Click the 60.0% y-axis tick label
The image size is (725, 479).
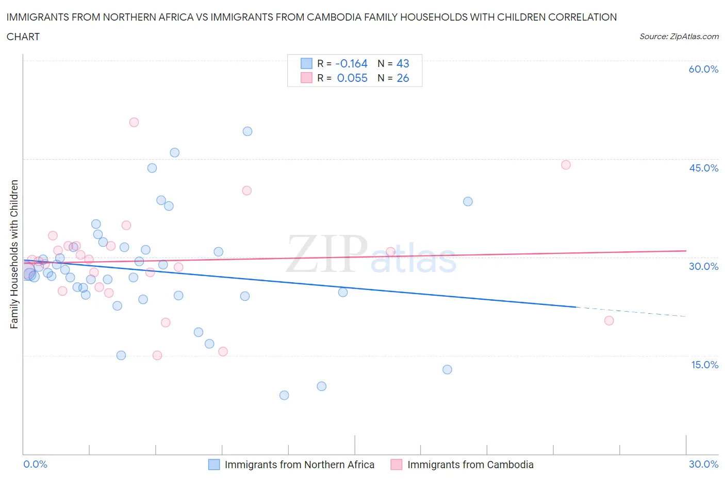pos(703,69)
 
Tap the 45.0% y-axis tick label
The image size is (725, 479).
pos(703,168)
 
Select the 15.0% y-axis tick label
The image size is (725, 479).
pos(704,365)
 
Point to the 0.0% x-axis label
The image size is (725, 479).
pos(35,464)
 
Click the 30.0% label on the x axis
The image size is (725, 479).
pos(703,464)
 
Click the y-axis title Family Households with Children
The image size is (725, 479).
pos(14,254)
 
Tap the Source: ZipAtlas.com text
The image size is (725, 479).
pos(679,37)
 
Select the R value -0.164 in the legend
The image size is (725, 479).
pos(351,63)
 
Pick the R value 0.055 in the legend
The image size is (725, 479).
pos(352,78)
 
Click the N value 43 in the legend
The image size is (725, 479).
pos(403,63)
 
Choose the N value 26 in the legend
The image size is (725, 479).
pos(403,78)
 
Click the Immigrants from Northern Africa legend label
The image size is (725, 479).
pos(299,465)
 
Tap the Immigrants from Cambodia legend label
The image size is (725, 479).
pos(470,465)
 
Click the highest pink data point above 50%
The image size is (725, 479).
pos(134,122)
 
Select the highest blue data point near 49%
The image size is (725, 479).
pos(248,131)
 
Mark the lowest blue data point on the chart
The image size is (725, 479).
pos(284,395)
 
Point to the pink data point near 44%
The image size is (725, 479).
pos(566,165)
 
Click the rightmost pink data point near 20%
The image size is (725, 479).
pos(609,320)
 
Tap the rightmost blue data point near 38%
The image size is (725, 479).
pos(468,201)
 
